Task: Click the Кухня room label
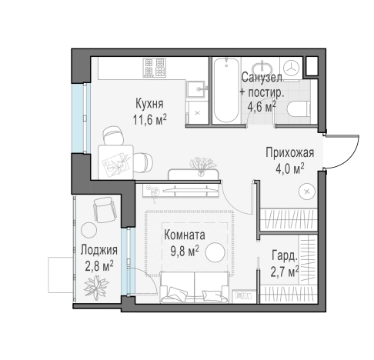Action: tap(149, 104)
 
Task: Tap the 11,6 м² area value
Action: tap(150, 119)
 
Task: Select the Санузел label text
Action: tap(262, 77)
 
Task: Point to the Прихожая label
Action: tap(289, 152)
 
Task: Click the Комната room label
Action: tap(185, 235)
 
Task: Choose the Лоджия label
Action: tap(99, 250)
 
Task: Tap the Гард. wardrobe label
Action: tap(285, 256)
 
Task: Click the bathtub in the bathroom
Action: tap(226, 90)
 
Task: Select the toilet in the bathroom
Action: tap(299, 109)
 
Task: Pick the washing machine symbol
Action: tap(292, 68)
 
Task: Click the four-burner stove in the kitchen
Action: tap(155, 68)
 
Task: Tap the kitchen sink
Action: tap(197, 89)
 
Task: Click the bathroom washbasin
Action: tap(262, 67)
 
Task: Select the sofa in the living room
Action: tap(194, 287)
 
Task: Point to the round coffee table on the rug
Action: tap(215, 252)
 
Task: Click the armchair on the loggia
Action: tap(104, 209)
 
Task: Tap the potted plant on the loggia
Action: tap(96, 287)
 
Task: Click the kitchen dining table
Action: tap(115, 162)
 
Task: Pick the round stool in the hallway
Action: tap(307, 192)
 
